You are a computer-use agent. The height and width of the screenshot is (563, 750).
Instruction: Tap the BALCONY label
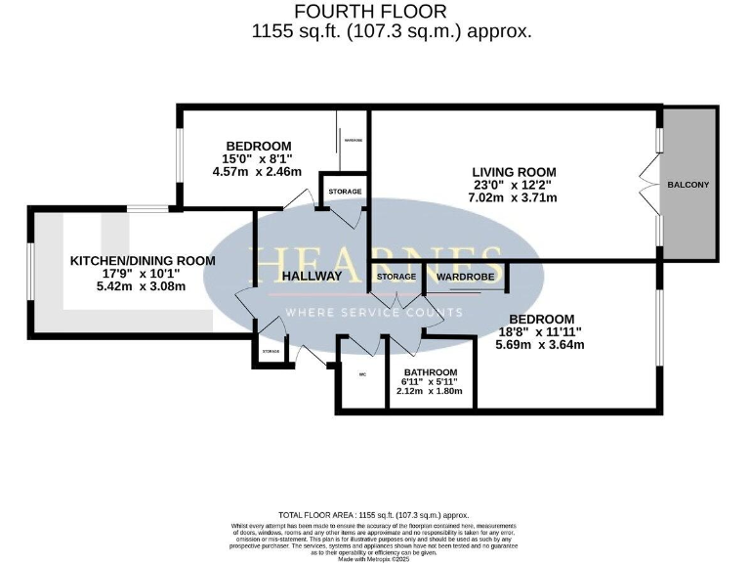click(x=687, y=185)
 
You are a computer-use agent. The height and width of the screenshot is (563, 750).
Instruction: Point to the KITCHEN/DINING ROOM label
click(x=142, y=261)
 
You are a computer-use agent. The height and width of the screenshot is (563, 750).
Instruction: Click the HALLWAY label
click(x=312, y=276)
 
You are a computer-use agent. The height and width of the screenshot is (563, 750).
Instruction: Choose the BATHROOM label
click(x=431, y=372)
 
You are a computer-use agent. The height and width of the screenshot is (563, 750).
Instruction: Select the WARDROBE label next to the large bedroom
click(x=465, y=277)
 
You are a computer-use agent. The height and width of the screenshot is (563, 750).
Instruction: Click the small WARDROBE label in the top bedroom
click(x=352, y=140)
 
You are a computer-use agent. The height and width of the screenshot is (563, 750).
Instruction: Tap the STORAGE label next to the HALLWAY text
click(x=396, y=277)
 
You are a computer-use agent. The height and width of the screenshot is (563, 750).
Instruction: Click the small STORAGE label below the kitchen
click(x=271, y=351)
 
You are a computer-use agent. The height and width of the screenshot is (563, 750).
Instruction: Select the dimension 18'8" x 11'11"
click(x=540, y=331)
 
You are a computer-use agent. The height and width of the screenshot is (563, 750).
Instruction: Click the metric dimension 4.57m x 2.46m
click(x=257, y=172)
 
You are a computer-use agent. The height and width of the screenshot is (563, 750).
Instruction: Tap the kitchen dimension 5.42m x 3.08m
click(x=142, y=287)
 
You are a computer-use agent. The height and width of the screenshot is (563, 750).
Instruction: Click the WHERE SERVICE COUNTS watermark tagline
click(x=373, y=313)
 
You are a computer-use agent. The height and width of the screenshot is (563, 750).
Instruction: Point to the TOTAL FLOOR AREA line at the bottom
click(x=374, y=514)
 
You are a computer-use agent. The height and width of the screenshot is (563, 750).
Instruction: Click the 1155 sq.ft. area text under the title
click(x=392, y=31)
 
